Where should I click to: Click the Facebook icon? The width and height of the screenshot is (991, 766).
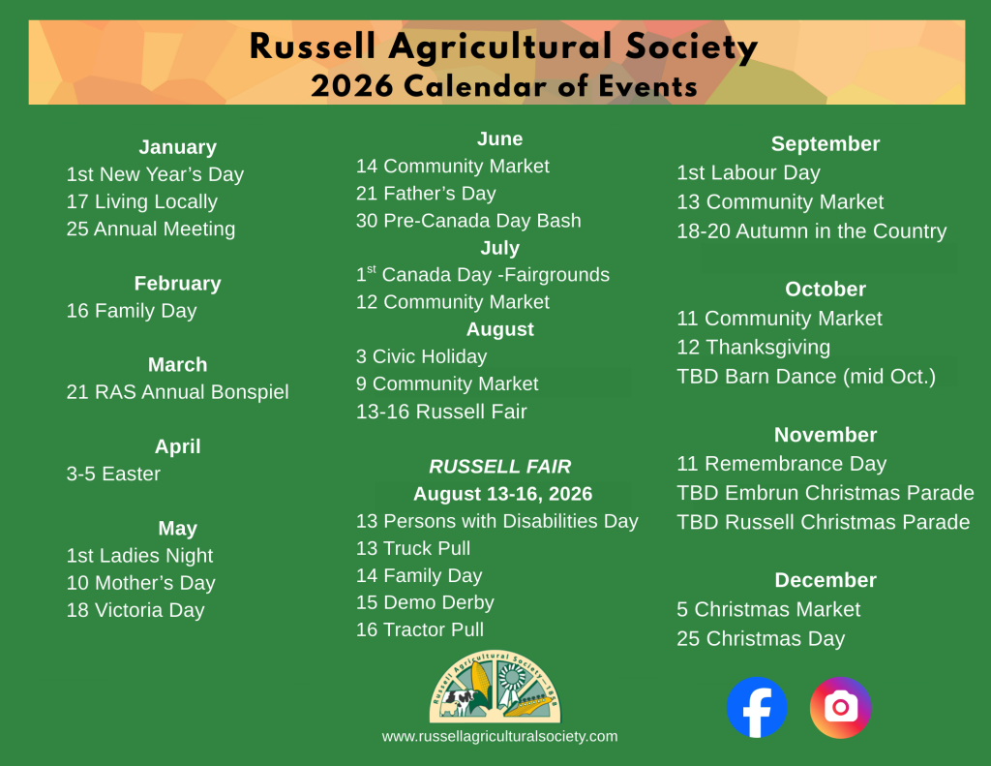point(757,707)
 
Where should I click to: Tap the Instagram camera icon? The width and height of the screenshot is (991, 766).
point(840,707)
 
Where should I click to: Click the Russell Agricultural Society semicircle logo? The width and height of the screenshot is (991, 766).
point(495,687)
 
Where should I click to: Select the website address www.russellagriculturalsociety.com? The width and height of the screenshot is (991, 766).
point(499,736)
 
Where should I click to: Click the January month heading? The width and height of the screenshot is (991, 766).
point(177,147)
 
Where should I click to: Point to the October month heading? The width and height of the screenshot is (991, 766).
point(826,289)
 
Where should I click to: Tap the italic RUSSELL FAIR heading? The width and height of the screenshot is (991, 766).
point(500,467)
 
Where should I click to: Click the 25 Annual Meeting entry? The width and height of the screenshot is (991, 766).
point(151,230)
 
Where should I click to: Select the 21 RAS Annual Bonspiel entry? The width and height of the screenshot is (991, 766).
point(177,392)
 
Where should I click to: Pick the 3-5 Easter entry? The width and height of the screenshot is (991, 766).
point(113,474)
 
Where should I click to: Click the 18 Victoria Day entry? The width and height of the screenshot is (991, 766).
point(135,610)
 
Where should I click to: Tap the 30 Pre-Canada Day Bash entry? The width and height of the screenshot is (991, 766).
point(468,221)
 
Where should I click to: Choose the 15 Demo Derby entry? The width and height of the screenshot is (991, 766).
point(425,602)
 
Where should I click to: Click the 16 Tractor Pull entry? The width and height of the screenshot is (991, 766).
point(420,629)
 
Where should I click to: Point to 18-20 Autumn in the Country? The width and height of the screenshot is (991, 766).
point(811,231)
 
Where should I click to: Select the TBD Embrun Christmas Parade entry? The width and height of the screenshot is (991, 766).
point(825,493)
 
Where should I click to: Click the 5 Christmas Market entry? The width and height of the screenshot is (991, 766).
point(768,609)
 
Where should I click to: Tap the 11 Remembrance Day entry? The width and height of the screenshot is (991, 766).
point(781,464)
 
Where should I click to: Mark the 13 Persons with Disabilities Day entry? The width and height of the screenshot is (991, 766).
point(497,521)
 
